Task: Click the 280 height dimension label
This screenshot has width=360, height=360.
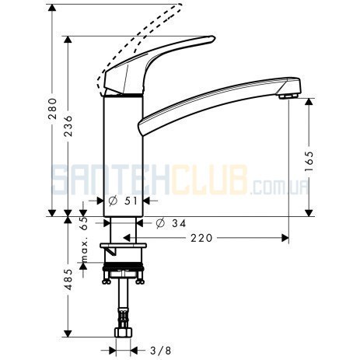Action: pyautogui.click(x=53, y=108)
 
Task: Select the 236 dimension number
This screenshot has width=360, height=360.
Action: pyautogui.click(x=68, y=126)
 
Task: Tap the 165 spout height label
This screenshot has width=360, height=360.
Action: pyautogui.click(x=309, y=161)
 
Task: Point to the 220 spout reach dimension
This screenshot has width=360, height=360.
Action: pyautogui.click(x=201, y=238)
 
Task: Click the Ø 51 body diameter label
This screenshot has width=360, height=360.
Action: pyautogui.click(x=123, y=201)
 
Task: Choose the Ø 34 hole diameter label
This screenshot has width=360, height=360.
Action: pyautogui.click(x=171, y=223)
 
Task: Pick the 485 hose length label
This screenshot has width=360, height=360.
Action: pyautogui.click(x=68, y=279)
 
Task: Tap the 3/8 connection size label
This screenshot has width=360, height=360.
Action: pyautogui.click(x=161, y=351)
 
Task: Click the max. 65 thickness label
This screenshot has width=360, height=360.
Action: pyautogui.click(x=84, y=239)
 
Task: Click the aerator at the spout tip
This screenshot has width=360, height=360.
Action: pyautogui.click(x=288, y=96)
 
